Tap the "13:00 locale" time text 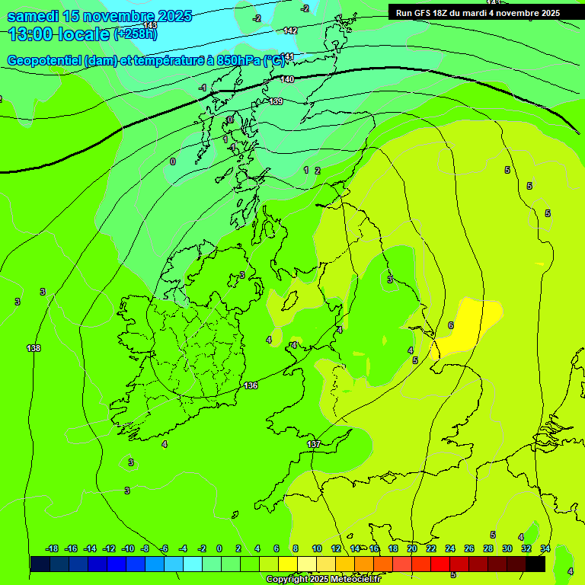(x=59, y=34)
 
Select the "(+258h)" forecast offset (x=136, y=34)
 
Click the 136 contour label (x=251, y=386)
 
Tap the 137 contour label (x=314, y=444)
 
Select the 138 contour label (x=34, y=348)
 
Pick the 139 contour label (x=277, y=101)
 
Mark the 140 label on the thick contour (x=287, y=79)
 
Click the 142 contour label (x=290, y=30)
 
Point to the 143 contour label (x=150, y=26)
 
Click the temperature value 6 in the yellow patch (x=451, y=325)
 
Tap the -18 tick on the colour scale (x=52, y=548)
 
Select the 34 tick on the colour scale (x=545, y=548)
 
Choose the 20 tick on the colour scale (x=412, y=548)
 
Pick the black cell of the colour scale (x=535, y=564)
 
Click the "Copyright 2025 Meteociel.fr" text (x=323, y=580)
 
